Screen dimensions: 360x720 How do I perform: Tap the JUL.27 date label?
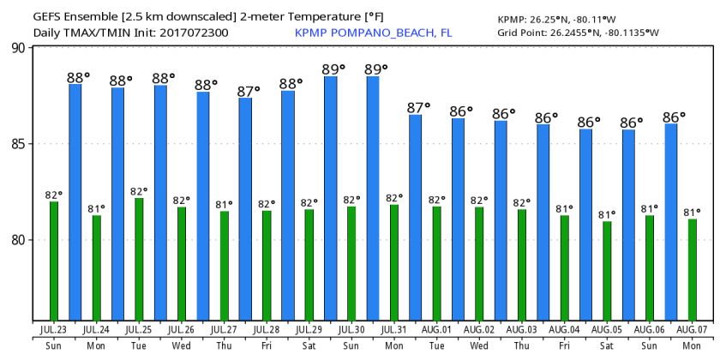224,329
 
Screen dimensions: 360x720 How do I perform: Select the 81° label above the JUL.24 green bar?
96,208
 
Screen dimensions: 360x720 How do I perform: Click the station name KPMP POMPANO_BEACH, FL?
374,33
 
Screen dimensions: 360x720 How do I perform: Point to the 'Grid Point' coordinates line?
579,33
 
